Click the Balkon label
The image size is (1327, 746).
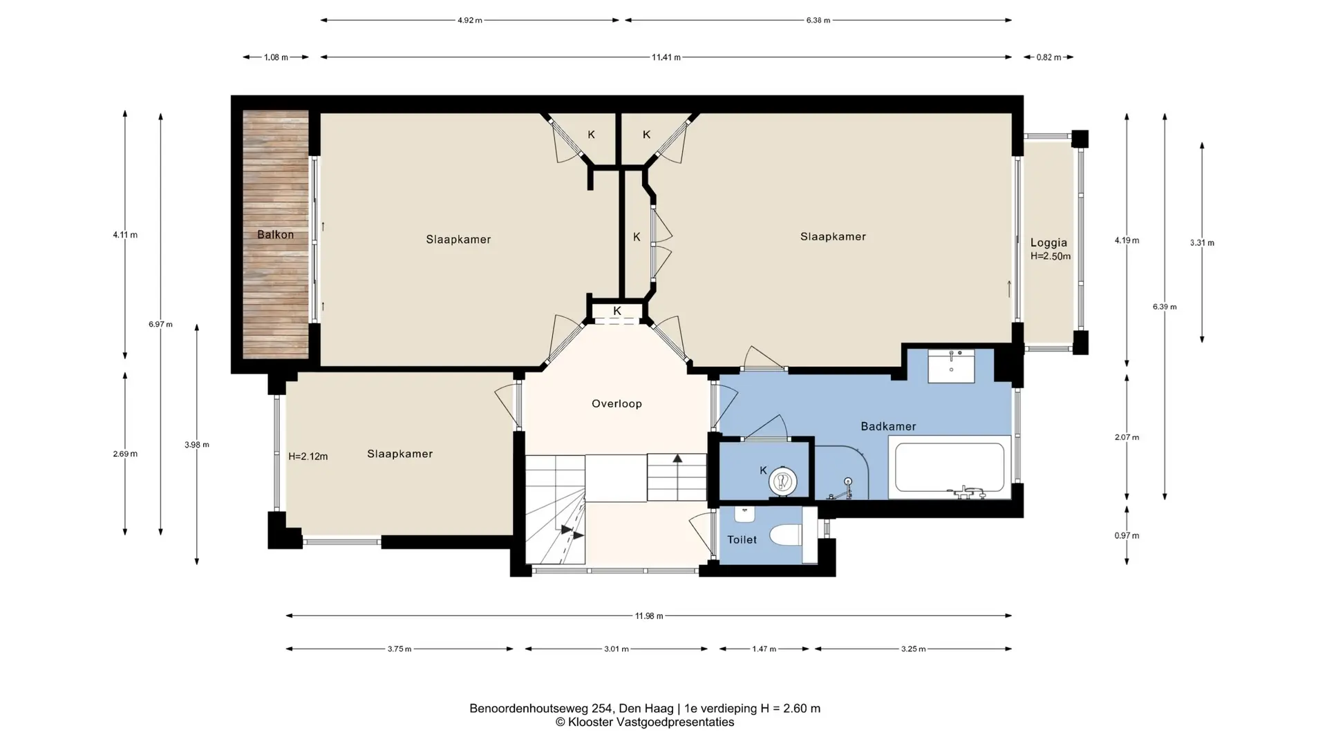275,235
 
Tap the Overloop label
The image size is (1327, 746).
617,404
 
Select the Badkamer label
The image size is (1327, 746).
888,427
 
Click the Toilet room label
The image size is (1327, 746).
742,539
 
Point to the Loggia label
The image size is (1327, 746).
1048,242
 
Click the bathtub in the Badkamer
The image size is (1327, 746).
950,468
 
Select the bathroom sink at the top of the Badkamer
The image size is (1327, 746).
951,365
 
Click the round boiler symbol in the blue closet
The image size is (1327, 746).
782,481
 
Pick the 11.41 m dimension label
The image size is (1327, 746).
666,57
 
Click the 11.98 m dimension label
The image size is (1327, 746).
649,616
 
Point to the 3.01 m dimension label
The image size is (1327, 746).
617,649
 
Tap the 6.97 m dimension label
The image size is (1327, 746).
160,325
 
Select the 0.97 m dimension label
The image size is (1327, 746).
1127,535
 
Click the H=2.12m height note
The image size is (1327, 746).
308,457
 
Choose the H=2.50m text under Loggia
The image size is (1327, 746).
1051,256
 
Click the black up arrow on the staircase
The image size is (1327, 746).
677,458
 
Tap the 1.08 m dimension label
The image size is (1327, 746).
276,57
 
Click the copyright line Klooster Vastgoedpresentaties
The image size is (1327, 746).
645,723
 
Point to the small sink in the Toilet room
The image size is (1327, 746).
744,514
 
